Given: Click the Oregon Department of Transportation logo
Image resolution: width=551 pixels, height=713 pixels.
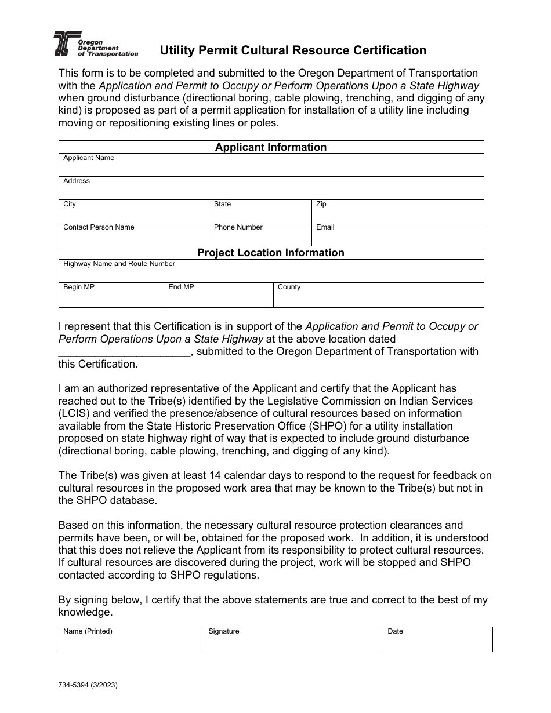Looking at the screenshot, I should point(95,45).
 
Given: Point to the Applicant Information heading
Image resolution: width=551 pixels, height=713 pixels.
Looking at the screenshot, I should point(271,147).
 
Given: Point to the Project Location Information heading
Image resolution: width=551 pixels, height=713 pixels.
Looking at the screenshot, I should point(271,253).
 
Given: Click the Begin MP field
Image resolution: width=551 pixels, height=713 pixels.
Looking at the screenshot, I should point(111,296).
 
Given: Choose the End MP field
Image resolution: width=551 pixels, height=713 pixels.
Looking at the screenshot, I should point(218,296).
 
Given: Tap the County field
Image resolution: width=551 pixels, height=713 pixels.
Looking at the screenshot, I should point(378,296).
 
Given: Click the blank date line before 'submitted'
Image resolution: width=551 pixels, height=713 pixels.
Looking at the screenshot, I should point(124,352).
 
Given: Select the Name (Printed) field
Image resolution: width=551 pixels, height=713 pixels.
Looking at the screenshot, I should point(130,641).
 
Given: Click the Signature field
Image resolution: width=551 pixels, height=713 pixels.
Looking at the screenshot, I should point(293,641).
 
